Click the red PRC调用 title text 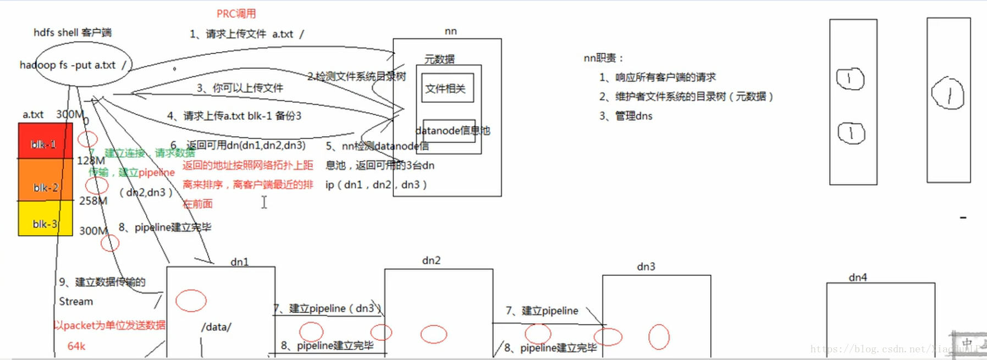click(236, 14)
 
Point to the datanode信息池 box click(449, 131)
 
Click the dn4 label click(857, 278)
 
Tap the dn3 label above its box click(646, 267)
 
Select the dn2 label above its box click(431, 261)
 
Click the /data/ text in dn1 click(216, 327)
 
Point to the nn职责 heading click(603, 58)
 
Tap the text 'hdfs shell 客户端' click(73, 32)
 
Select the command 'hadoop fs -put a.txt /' click(73, 65)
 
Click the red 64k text click(76, 346)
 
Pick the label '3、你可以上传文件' click(240, 88)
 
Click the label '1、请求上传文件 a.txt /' click(247, 34)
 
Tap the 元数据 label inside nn click(439, 59)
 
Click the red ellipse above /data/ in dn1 click(191, 301)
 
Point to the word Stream click(76, 302)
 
